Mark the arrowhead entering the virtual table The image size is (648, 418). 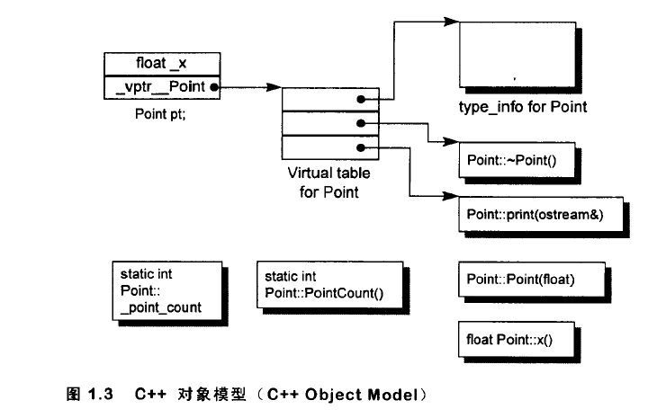pos(277,88)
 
